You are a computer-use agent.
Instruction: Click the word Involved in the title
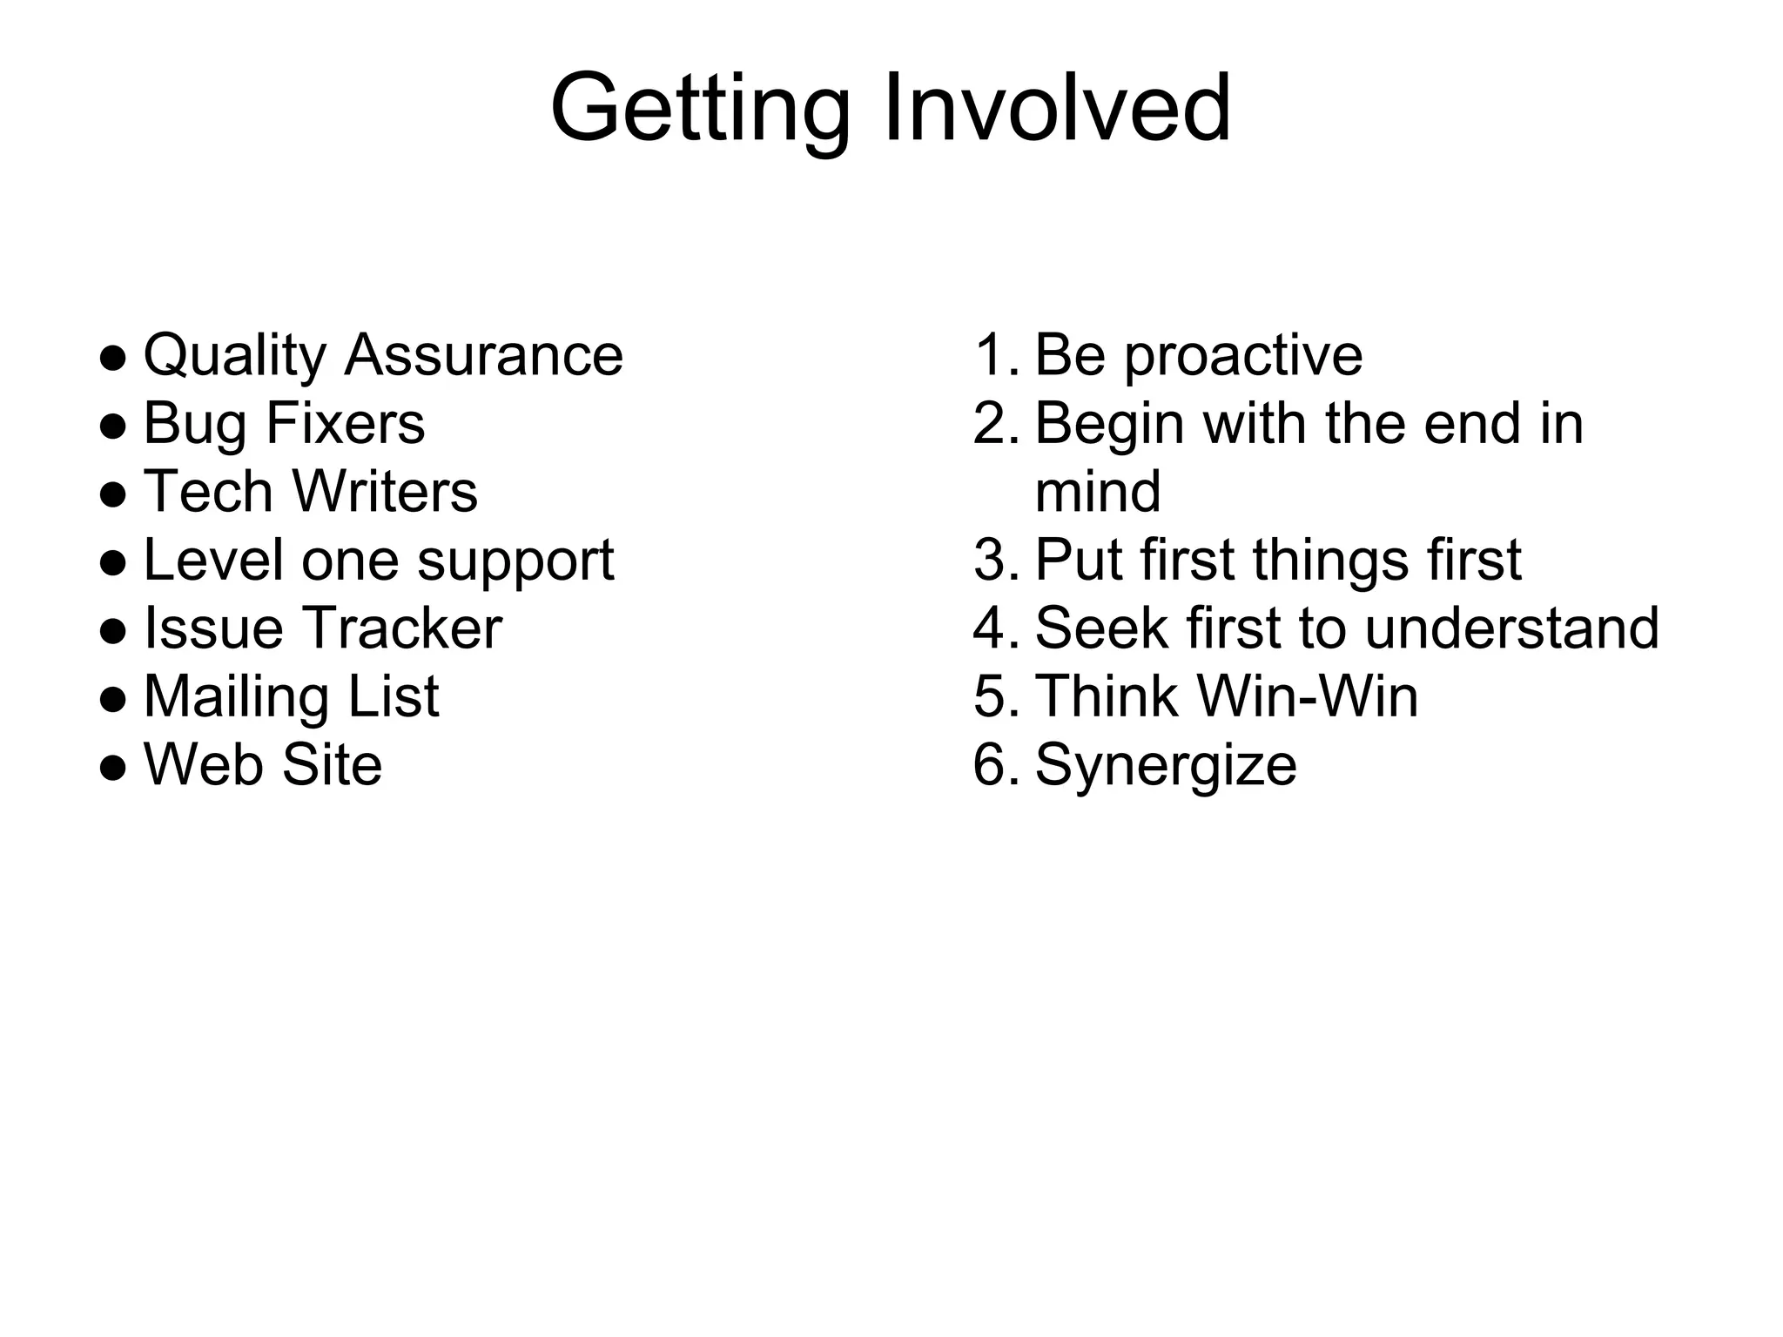click(x=1057, y=108)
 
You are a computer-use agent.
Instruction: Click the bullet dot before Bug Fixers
click(x=113, y=426)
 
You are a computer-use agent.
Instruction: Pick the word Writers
click(x=385, y=492)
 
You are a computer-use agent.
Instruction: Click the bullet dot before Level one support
click(x=113, y=562)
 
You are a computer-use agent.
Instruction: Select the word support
click(x=515, y=562)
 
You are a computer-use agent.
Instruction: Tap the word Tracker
click(x=401, y=628)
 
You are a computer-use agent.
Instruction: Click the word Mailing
click(x=235, y=697)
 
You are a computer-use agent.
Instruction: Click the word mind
click(x=1098, y=492)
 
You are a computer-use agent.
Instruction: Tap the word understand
click(x=1512, y=628)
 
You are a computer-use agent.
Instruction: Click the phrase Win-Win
click(x=1308, y=697)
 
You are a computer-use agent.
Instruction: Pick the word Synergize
click(x=1166, y=767)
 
